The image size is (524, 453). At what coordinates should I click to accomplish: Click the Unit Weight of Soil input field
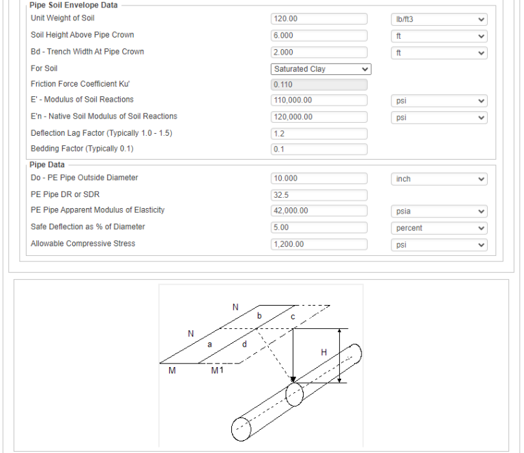coord(319,18)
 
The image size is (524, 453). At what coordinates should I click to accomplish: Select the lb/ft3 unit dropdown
coord(439,19)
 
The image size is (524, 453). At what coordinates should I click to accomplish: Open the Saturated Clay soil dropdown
coord(321,69)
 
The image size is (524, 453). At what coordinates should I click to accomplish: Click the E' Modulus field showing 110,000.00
coord(319,100)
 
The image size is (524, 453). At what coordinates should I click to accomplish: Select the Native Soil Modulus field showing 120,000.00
coord(319,117)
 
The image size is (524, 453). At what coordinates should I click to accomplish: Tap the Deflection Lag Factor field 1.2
coord(319,134)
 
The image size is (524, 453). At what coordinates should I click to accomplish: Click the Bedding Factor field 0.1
coord(319,149)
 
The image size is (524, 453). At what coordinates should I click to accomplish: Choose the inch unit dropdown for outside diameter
coord(439,179)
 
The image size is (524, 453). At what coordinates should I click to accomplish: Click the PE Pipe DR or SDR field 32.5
coord(319,195)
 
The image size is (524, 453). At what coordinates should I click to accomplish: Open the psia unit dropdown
coord(439,211)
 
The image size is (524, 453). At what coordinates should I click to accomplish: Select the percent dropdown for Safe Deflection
coord(439,228)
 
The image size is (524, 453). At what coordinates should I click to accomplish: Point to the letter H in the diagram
coord(323,353)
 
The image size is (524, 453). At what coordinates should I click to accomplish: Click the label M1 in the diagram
coord(217,370)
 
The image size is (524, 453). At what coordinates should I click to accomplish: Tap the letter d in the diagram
coord(244,344)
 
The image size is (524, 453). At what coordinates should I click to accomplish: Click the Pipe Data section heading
coord(47,164)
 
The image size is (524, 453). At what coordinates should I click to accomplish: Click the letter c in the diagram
coord(293,317)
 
